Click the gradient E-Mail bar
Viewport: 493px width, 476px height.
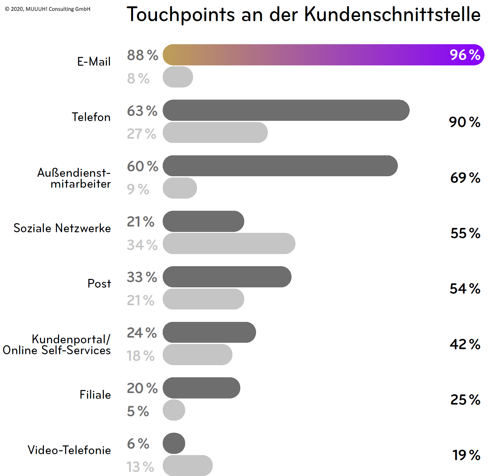click(303, 55)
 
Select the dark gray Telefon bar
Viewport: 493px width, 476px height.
click(286, 110)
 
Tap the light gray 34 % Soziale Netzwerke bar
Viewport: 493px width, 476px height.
click(229, 243)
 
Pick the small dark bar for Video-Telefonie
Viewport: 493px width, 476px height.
click(174, 443)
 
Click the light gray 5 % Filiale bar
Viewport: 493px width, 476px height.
click(174, 410)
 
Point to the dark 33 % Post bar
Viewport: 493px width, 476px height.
click(227, 277)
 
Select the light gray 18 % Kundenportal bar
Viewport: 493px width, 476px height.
click(197, 355)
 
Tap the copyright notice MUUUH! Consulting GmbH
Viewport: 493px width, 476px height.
click(48, 9)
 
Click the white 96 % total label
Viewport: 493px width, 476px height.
click(465, 55)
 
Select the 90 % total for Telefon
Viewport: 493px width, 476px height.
click(465, 122)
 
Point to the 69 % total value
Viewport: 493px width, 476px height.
click(465, 178)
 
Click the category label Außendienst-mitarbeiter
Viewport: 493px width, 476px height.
click(74, 178)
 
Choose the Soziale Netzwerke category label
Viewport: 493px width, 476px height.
click(62, 228)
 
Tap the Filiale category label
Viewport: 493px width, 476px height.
click(95, 395)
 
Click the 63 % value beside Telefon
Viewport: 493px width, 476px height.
click(142, 111)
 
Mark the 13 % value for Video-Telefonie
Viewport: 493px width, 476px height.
click(140, 467)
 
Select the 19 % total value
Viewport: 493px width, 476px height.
click(466, 455)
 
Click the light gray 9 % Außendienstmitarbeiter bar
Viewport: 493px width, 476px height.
click(180, 188)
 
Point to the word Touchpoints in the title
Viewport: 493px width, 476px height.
click(181, 15)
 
